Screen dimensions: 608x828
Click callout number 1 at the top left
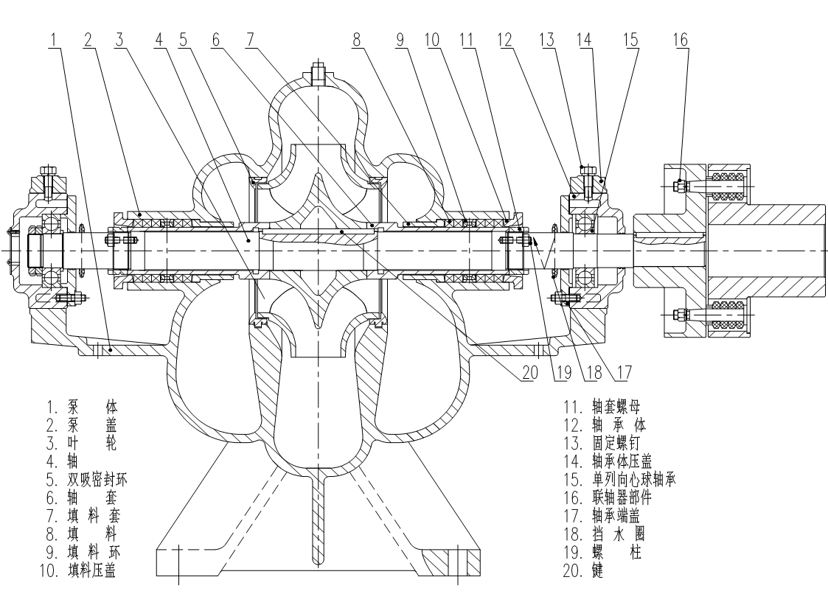click(52, 40)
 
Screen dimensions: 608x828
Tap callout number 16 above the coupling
click(680, 40)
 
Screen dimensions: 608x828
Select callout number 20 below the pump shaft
click(526, 374)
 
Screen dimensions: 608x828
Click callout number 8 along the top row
click(358, 40)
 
